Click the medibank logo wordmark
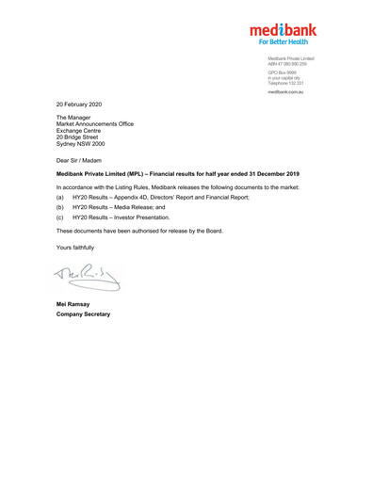click(283, 29)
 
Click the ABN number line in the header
click(290, 63)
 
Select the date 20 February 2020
click(83, 103)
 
